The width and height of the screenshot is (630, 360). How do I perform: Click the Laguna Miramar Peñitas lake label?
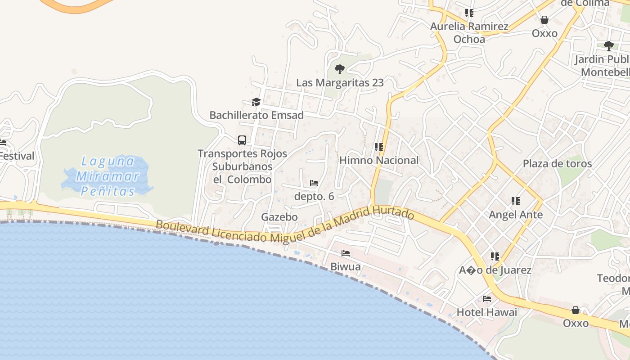click(108, 176)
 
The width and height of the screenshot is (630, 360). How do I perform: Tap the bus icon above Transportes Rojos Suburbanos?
click(242, 140)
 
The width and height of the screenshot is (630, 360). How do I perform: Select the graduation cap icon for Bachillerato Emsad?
click(256, 102)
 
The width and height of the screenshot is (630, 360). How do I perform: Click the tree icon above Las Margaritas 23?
click(340, 69)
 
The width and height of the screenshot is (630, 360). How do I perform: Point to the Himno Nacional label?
click(379, 160)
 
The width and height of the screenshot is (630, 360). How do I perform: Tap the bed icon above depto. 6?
click(314, 183)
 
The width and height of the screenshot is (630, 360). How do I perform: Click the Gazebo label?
click(279, 217)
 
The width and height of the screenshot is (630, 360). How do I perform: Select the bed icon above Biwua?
click(346, 253)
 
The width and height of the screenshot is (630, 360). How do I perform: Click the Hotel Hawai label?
click(487, 312)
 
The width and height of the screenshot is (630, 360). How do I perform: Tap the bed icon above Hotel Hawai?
click(487, 298)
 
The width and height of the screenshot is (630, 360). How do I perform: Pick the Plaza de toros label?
click(557, 163)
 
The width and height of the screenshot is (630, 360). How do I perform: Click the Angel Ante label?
click(516, 215)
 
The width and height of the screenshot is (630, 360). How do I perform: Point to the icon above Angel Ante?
click(516, 201)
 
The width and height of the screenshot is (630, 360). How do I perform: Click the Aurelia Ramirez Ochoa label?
click(469, 33)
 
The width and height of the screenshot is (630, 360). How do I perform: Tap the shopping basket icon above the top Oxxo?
click(544, 20)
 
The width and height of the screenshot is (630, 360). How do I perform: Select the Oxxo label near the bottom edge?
click(576, 323)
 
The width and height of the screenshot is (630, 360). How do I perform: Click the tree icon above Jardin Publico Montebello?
click(609, 45)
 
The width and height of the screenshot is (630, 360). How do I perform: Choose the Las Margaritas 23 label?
click(340, 83)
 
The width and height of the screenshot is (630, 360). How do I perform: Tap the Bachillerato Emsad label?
click(256, 115)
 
